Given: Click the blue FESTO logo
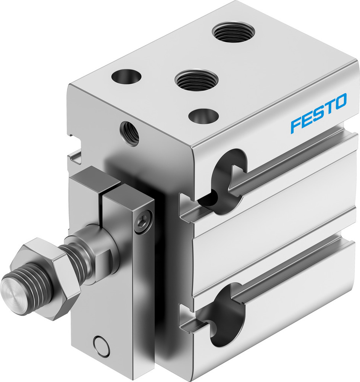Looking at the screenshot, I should coord(318,113).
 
